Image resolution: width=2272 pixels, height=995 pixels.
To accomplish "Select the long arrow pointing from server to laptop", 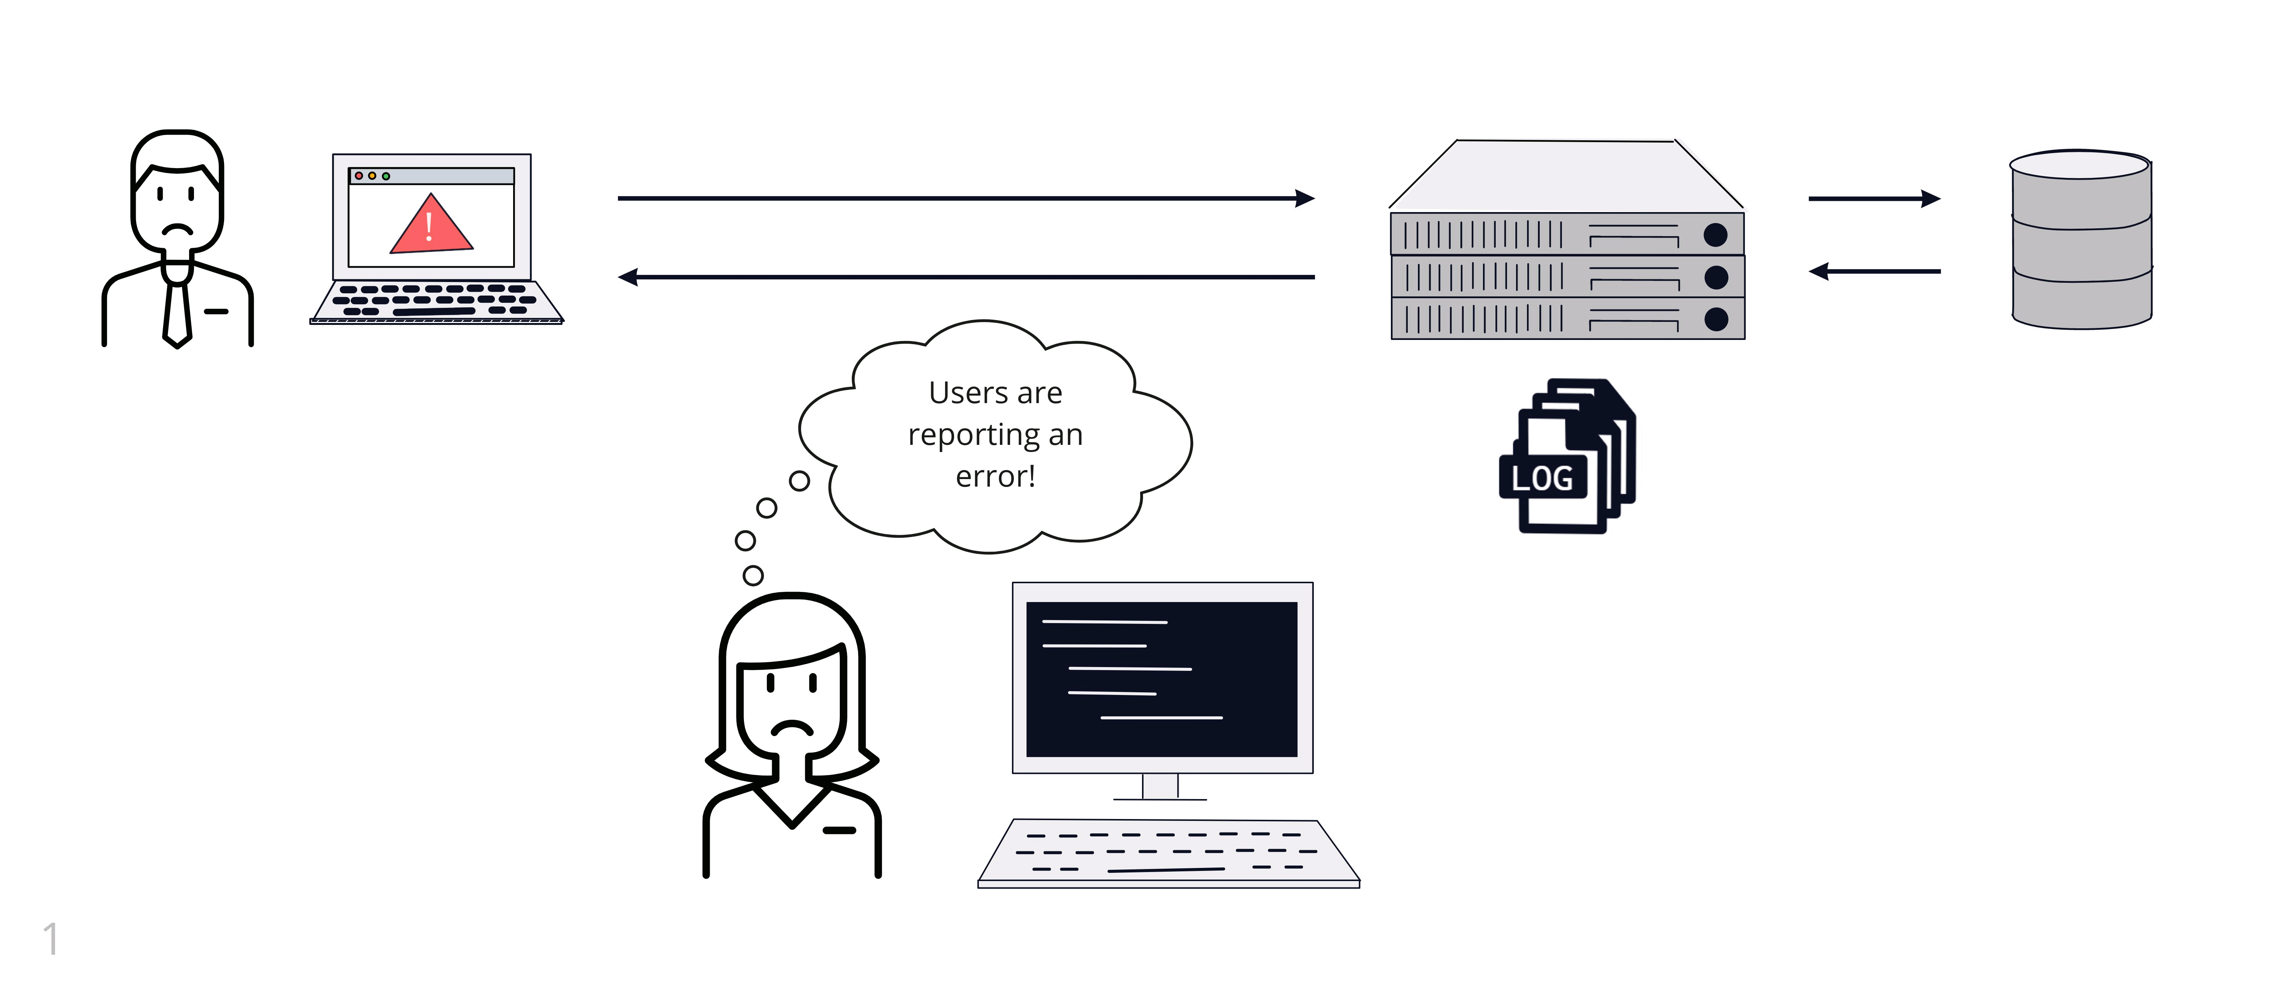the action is click(966, 277).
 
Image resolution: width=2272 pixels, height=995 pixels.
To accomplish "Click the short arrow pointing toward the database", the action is click(1874, 199).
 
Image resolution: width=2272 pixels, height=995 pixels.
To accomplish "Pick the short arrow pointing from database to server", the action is click(1874, 271).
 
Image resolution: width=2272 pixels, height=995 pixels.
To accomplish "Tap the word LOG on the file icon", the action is click(1542, 478).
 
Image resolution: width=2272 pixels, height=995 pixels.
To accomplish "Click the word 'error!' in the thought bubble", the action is click(995, 476).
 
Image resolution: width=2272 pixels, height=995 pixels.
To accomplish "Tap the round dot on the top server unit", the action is click(1716, 235).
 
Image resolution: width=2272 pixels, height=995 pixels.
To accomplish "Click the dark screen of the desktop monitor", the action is click(1162, 679).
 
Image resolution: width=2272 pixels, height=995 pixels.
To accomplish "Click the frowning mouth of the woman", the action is click(792, 729).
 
